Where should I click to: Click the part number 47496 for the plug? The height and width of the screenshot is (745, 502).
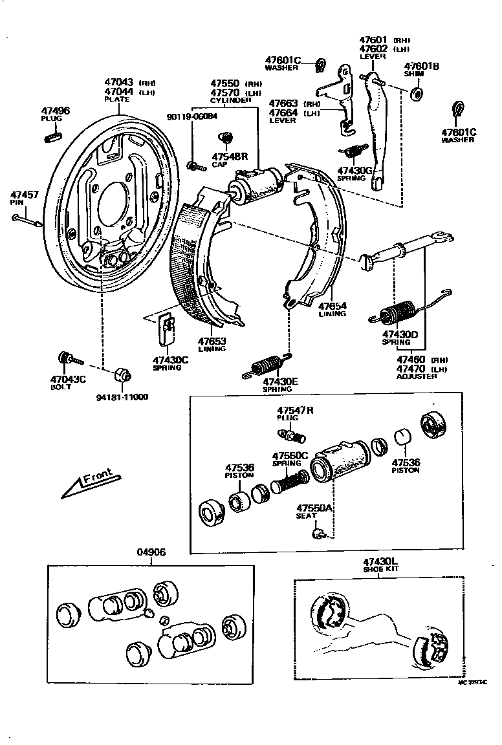[x=55, y=111]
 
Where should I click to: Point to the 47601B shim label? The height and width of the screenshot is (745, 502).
[x=422, y=66]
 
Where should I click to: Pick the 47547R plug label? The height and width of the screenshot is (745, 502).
[x=296, y=410]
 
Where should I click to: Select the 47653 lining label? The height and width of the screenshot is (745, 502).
[x=212, y=341]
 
